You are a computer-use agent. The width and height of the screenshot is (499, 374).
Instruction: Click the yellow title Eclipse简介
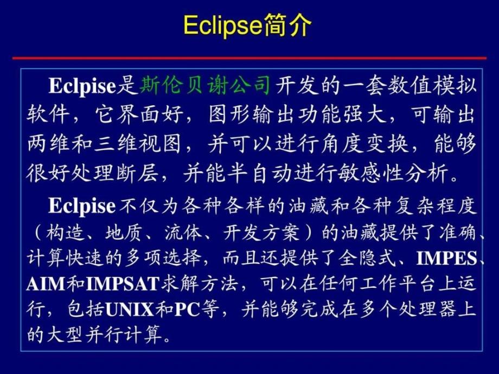[x=247, y=25]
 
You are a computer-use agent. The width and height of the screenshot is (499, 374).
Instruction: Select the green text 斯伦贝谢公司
[x=206, y=85]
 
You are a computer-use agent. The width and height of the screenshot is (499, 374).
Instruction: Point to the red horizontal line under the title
[x=250, y=58]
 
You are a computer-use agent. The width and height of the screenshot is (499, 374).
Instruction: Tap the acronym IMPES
[x=447, y=258]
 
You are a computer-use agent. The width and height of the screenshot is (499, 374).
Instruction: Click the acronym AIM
[x=46, y=283]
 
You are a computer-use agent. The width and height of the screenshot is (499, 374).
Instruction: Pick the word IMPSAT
[x=122, y=283]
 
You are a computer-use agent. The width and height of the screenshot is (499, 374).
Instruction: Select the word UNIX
[x=130, y=309]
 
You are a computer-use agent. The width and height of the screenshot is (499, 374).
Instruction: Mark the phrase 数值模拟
[x=432, y=85]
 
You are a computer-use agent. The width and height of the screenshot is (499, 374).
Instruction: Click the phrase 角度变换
[x=364, y=144]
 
